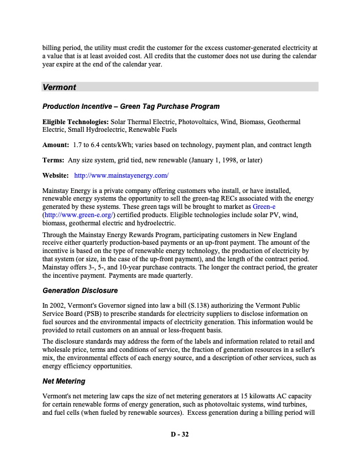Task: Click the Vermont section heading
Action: (x=59, y=87)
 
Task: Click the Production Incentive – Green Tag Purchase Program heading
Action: (x=131, y=106)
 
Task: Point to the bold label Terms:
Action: (x=54, y=160)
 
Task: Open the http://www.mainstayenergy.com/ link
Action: (x=122, y=175)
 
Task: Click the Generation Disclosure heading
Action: (x=80, y=291)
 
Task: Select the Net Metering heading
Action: (x=64, y=381)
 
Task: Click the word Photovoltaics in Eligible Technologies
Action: (x=200, y=122)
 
